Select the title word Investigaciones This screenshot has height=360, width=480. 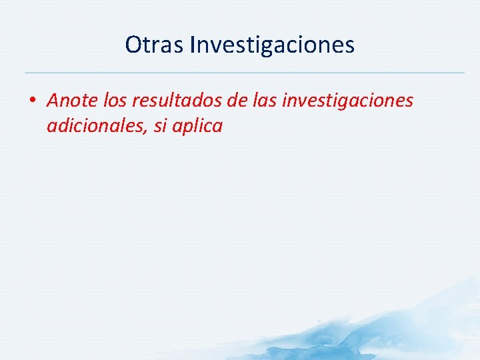point(272,45)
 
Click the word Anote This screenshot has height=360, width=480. point(73,101)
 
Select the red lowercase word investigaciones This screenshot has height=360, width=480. point(349,101)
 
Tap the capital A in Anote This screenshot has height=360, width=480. point(54,101)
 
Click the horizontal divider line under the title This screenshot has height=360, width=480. point(244,72)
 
